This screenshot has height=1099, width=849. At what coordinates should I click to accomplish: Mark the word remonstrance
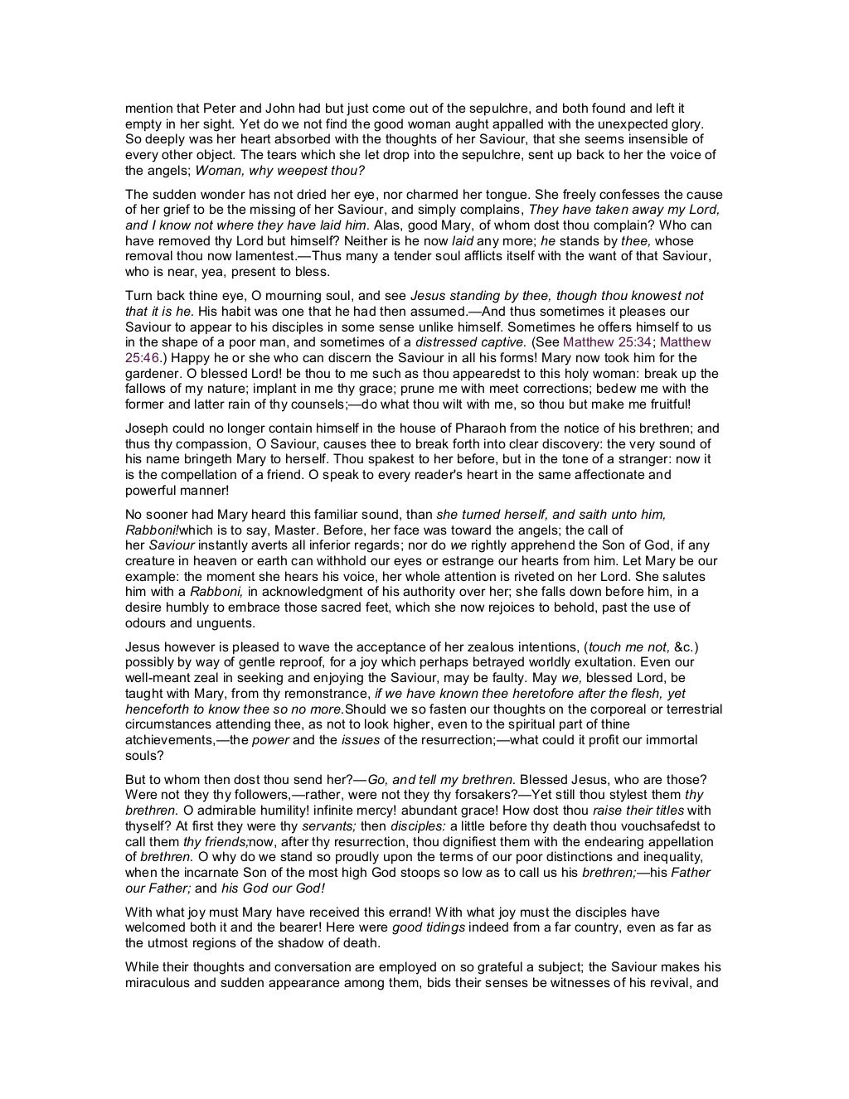tap(327, 694)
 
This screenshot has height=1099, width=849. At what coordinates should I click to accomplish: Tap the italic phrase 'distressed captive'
tap(470, 342)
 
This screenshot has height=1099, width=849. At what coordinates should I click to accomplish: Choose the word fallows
tap(147, 389)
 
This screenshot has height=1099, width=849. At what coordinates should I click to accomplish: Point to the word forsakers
tap(475, 795)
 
